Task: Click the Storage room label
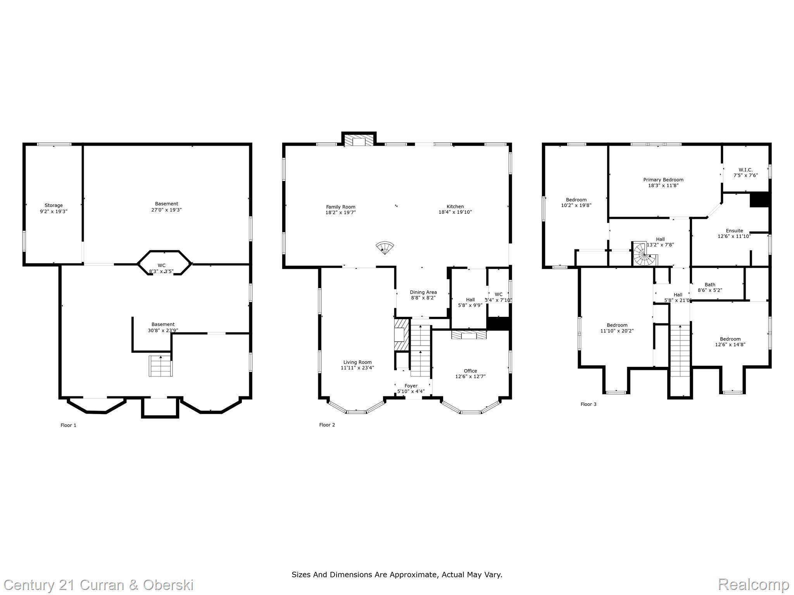(54, 205)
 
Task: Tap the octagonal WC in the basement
(164, 263)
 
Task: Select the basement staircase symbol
(161, 366)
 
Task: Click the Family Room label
(340, 207)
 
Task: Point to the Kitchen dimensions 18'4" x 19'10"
(455, 212)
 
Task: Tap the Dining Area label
(423, 292)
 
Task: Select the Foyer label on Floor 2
(411, 386)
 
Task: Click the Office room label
(470, 371)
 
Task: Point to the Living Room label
(357, 362)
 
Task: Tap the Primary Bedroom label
(663, 180)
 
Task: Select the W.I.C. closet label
(745, 170)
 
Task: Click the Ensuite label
(734, 230)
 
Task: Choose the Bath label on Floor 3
(710, 284)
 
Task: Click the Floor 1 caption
(68, 425)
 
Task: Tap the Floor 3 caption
(588, 404)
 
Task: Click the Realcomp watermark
(753, 584)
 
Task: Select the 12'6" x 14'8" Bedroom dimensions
(730, 344)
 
